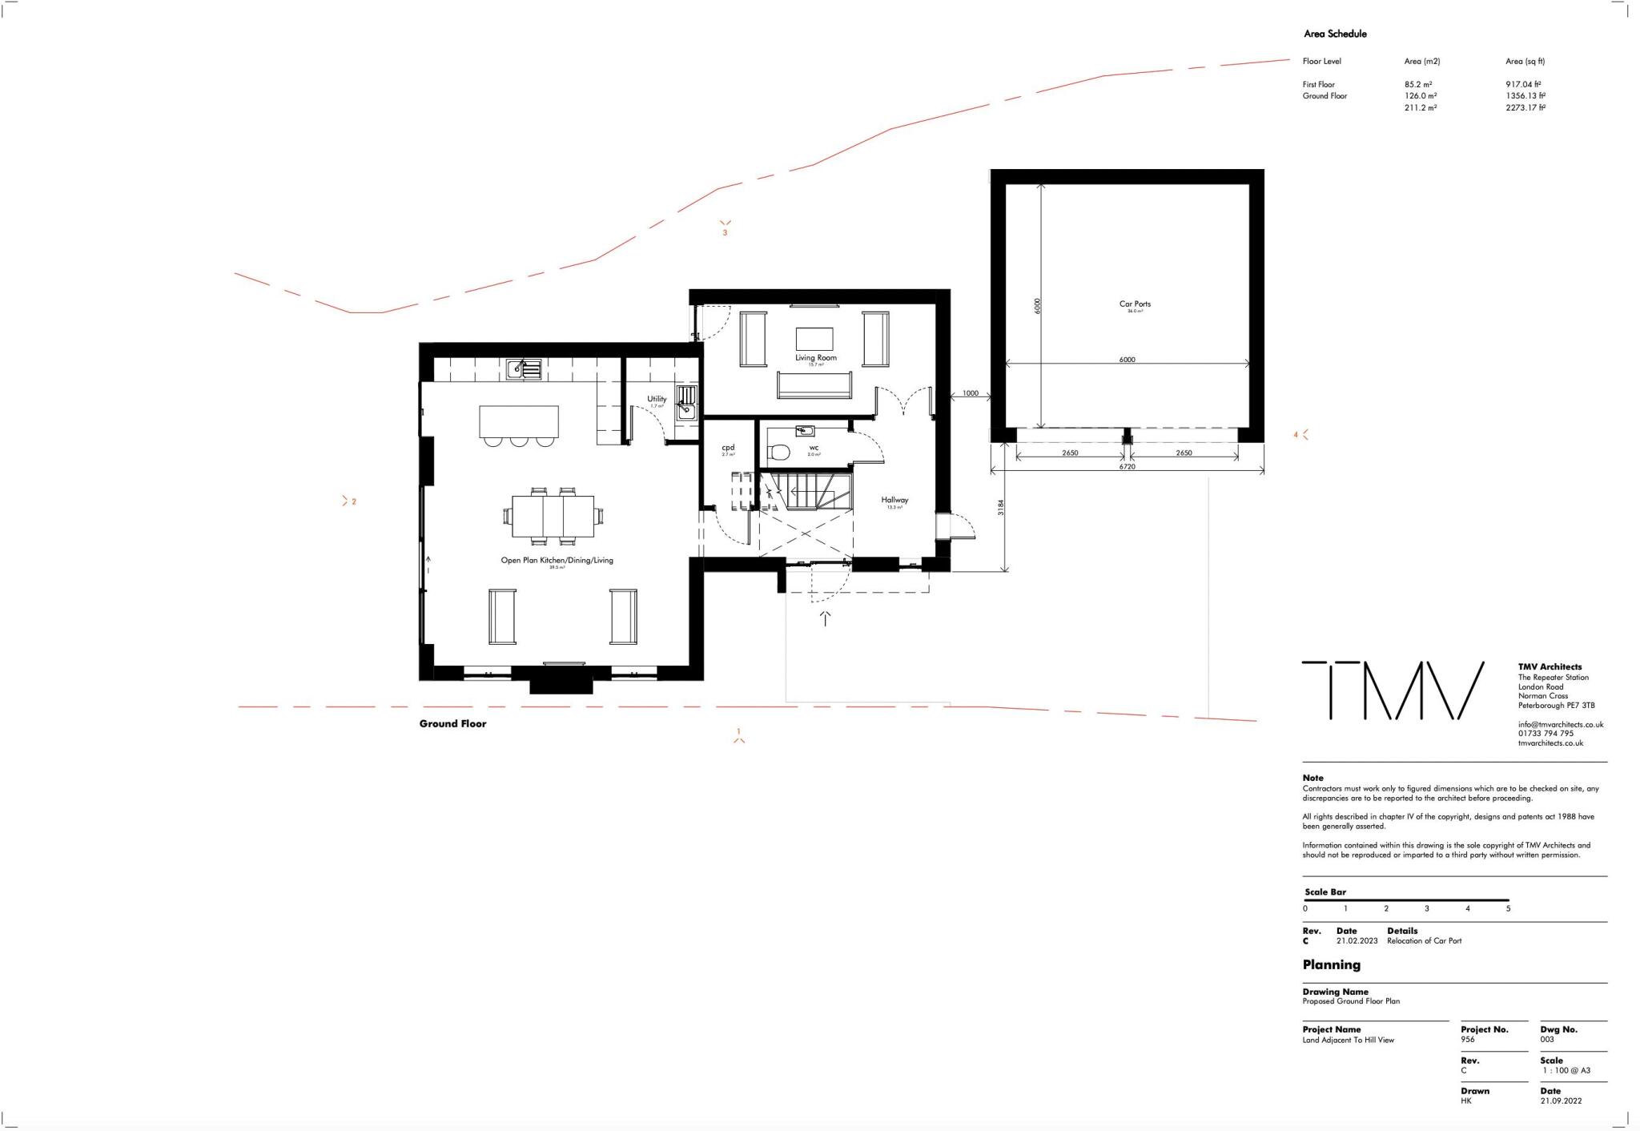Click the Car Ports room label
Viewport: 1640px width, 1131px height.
tap(1135, 304)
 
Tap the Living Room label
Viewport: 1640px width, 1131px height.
tap(815, 358)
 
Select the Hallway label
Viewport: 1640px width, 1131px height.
tap(894, 500)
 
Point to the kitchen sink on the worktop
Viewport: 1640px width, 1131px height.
tap(524, 369)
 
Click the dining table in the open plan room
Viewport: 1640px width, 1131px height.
tap(553, 516)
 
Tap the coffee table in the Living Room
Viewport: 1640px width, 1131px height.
tap(814, 339)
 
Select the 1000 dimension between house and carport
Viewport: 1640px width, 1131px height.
tap(970, 393)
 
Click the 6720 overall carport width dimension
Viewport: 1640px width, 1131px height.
tap(1127, 466)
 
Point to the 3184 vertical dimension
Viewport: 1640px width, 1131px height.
tap(1001, 507)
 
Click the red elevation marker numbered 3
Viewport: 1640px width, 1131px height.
tap(725, 228)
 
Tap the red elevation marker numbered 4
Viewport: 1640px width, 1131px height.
tap(1300, 435)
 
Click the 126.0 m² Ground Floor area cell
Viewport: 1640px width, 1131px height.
tap(1420, 96)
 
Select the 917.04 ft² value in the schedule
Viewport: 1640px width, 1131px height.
tap(1523, 84)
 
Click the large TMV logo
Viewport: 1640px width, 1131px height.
tap(1393, 690)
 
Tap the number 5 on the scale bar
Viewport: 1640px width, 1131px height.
tap(1508, 909)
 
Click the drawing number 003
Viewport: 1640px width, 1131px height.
tap(1546, 1040)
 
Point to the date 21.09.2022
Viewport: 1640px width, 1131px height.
tap(1561, 1101)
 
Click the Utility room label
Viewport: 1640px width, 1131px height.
tap(657, 399)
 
